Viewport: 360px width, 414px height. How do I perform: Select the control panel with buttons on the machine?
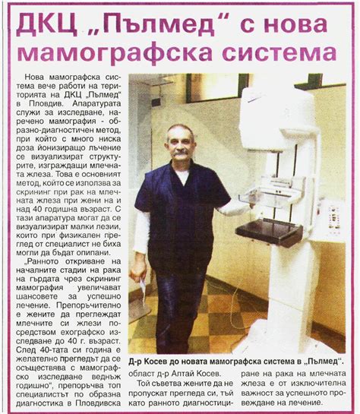click(x=332, y=216)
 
